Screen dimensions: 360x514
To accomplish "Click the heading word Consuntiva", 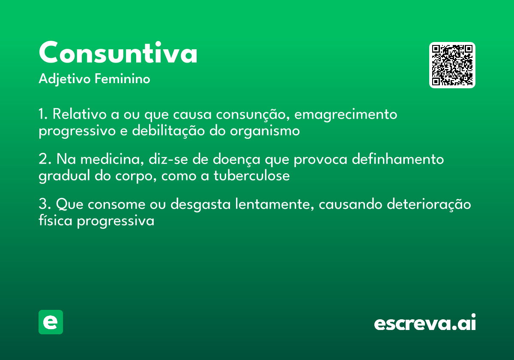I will tap(118, 53).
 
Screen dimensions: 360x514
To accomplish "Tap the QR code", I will tap(452, 65).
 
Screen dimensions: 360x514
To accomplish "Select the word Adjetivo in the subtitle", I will tap(64, 79).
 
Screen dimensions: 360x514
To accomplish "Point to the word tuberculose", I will tap(251, 176).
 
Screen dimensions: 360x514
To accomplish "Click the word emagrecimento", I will tap(346, 115).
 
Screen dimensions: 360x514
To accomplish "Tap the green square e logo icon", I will tap(51, 322).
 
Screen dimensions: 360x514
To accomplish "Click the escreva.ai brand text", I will tap(425, 323).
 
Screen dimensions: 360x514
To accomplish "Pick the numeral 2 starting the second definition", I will tap(43, 159).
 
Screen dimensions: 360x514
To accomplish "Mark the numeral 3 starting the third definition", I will tap(43, 204).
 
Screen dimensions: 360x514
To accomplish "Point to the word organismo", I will tap(265, 131).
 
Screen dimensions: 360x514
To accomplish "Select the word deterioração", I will tap(428, 204).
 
